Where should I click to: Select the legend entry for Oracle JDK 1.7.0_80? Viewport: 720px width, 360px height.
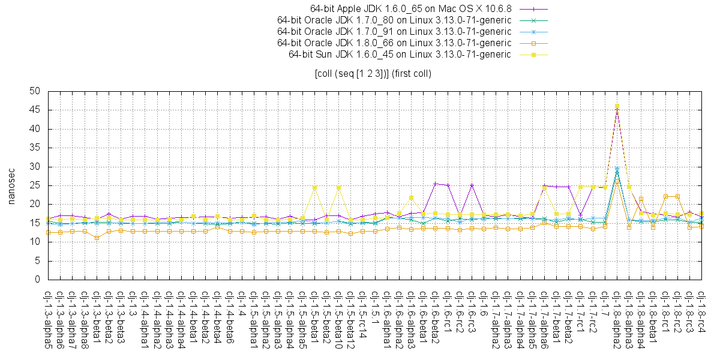coord(394,20)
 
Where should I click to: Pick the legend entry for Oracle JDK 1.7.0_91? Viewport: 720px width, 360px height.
coord(394,32)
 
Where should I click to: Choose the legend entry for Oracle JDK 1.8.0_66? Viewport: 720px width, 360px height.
coord(394,43)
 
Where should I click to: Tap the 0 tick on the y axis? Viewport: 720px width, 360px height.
coord(37,280)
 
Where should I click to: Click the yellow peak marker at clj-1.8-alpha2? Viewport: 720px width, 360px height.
coord(617,106)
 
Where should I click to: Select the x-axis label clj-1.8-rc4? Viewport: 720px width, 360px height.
coord(701,314)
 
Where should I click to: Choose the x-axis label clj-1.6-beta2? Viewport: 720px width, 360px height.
coord(435,318)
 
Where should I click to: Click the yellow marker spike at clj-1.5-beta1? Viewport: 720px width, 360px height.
coord(314,188)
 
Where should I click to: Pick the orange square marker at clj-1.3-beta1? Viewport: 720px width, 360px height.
coord(97,238)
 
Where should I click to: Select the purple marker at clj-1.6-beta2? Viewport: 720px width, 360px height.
coord(435,184)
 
